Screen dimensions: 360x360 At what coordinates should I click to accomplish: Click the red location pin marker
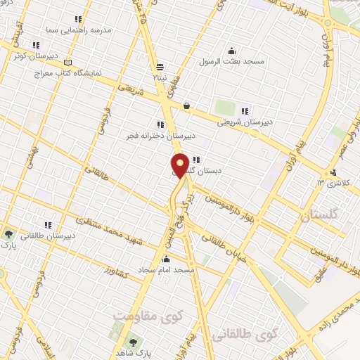[x=180, y=166]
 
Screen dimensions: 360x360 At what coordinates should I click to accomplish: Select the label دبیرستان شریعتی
[x=245, y=122]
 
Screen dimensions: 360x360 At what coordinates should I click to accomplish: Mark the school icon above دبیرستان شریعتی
[x=245, y=110]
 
